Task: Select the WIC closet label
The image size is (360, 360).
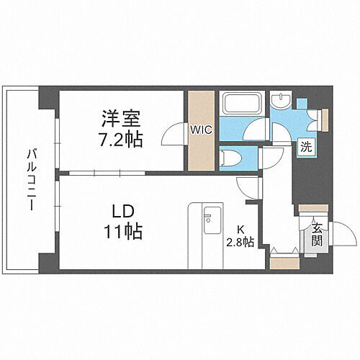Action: (x=199, y=130)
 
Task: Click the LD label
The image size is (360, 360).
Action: (x=120, y=213)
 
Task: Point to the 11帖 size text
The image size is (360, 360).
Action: (x=120, y=233)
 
